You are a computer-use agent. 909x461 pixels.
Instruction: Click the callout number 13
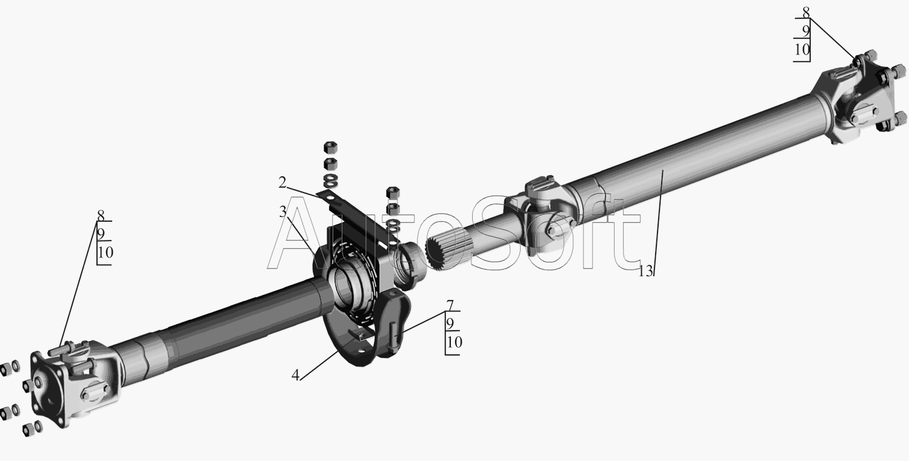[646, 271]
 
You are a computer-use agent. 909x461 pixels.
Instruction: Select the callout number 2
[282, 182]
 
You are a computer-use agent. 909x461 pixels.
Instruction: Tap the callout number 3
[283, 211]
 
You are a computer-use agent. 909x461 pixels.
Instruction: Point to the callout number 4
[296, 376]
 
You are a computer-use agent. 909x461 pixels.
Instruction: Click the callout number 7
[450, 305]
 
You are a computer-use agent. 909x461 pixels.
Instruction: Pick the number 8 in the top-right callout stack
[806, 13]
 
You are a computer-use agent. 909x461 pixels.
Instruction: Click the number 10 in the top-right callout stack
[802, 50]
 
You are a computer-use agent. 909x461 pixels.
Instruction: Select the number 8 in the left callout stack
[101, 215]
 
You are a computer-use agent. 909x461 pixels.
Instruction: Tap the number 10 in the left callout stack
[105, 253]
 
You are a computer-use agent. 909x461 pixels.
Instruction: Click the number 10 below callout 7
[454, 342]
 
